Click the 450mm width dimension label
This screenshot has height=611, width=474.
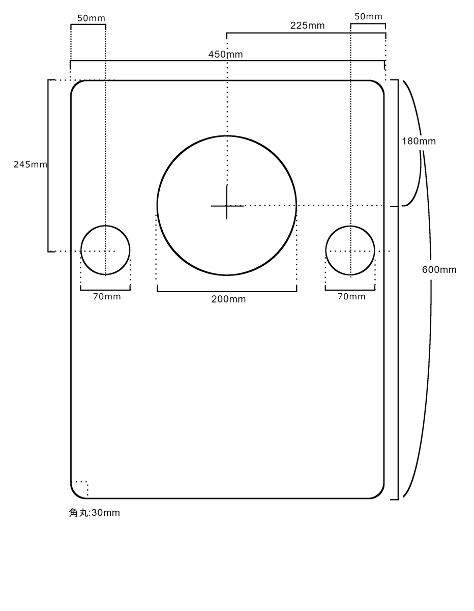tap(225, 54)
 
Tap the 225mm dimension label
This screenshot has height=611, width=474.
tap(308, 25)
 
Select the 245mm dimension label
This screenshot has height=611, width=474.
tap(31, 164)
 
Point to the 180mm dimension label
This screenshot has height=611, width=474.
tap(419, 141)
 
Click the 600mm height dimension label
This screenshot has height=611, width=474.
tap(439, 270)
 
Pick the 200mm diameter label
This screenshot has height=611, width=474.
tap(228, 299)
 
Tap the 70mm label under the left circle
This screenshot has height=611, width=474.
tap(107, 297)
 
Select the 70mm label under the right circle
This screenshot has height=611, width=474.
tap(351, 297)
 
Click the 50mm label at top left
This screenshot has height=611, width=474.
tap(91, 18)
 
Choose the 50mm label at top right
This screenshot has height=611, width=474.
tap(368, 17)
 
